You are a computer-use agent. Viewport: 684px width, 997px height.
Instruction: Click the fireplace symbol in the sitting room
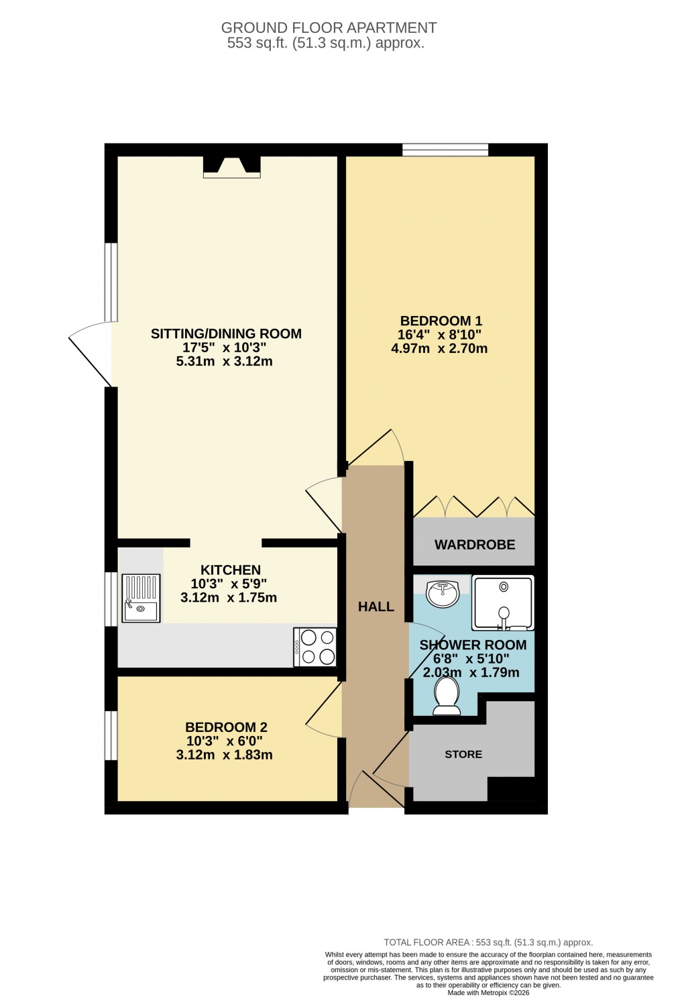point(231,167)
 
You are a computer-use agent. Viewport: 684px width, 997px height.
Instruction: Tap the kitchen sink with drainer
point(141,597)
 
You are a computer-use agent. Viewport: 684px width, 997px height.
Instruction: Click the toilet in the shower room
point(446,694)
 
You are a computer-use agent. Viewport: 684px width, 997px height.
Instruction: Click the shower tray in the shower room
point(503,602)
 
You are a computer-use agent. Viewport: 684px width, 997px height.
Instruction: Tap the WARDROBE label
point(475,545)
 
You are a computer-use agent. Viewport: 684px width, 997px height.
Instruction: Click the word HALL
point(376,607)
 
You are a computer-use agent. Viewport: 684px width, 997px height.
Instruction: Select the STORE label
point(463,754)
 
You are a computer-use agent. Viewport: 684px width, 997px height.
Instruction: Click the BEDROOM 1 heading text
point(441,321)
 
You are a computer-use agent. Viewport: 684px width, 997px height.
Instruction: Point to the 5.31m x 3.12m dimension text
point(224,361)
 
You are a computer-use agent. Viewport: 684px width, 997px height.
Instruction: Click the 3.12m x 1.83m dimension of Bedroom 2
point(224,755)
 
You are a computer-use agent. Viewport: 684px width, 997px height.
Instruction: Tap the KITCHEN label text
point(230,570)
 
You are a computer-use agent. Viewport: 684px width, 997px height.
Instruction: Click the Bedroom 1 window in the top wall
point(445,150)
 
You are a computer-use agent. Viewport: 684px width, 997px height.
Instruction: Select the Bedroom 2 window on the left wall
point(111,735)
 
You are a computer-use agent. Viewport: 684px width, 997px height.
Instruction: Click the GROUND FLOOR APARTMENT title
point(329,28)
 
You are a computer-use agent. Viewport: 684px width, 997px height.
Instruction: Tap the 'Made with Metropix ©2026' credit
point(488,992)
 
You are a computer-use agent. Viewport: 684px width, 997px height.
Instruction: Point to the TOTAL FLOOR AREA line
point(488,942)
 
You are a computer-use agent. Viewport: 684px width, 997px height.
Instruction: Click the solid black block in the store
point(510,789)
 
